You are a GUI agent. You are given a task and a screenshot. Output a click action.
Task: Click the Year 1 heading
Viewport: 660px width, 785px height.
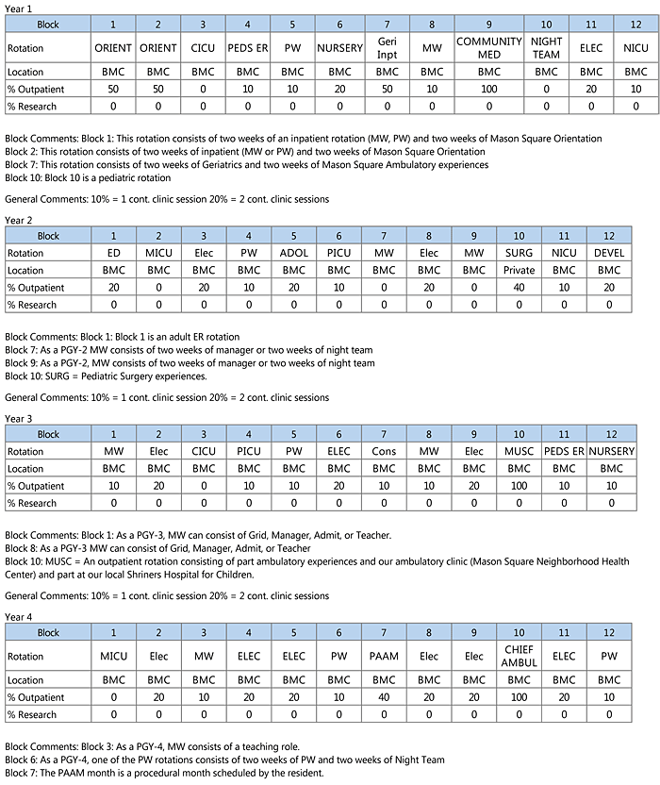tap(19, 8)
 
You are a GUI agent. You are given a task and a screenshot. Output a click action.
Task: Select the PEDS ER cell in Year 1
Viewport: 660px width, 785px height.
tap(248, 48)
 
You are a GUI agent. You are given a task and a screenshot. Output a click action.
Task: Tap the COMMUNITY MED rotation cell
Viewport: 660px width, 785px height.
tap(488, 48)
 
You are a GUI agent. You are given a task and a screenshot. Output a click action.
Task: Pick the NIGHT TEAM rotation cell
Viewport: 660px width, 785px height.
tap(546, 48)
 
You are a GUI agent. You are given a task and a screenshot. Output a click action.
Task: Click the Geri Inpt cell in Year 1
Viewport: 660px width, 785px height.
tap(387, 48)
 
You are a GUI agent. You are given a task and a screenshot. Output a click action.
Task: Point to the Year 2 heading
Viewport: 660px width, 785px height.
tap(19, 220)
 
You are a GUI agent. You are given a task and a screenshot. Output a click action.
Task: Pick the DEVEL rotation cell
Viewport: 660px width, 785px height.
tap(609, 253)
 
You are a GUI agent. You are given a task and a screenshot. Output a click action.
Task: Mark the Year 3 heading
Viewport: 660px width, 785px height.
tap(19, 418)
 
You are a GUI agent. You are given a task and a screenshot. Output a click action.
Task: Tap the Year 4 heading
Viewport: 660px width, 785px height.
tap(19, 616)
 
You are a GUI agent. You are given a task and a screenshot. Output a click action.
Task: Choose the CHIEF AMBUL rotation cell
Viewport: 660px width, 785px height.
tap(519, 656)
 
